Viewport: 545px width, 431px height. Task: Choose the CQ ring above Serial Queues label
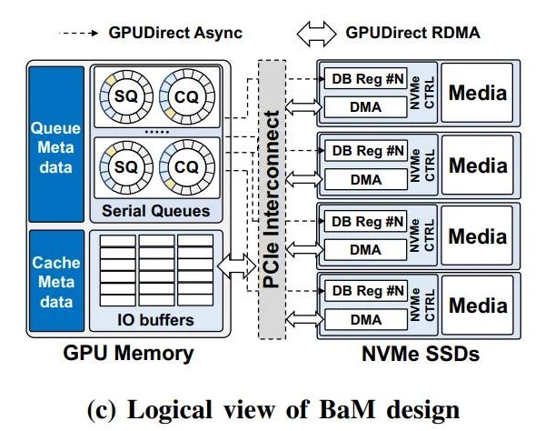(x=186, y=169)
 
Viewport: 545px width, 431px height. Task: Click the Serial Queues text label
(x=156, y=211)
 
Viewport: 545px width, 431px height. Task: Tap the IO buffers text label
(x=156, y=319)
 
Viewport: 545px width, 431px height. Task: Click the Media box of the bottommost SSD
(x=478, y=305)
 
